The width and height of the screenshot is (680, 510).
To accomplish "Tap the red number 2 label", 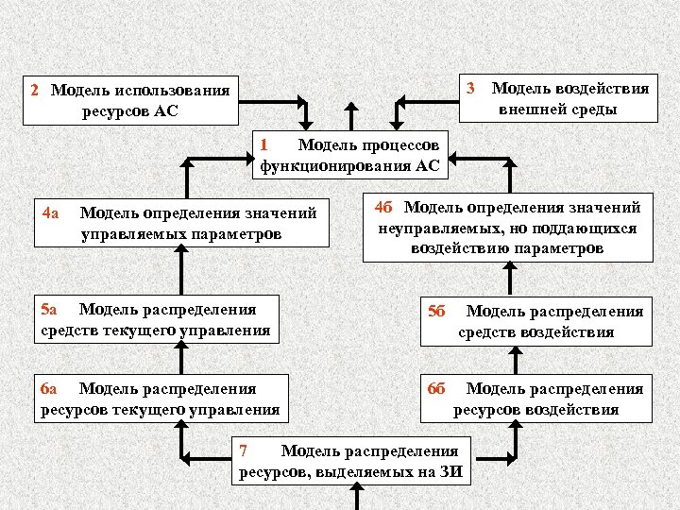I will [34, 91].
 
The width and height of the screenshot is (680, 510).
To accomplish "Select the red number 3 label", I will [470, 88].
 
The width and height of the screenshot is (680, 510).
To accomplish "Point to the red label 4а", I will [51, 212].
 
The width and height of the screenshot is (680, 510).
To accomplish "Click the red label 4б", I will [383, 207].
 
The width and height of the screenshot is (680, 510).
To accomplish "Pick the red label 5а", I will [50, 309].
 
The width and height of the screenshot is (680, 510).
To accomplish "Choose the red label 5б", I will [436, 310].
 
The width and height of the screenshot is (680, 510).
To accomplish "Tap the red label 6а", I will [50, 388].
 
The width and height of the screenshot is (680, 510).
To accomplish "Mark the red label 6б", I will [436, 388].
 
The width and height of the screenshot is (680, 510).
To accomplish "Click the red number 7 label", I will [243, 450].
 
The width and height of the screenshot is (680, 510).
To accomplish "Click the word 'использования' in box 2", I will [172, 91].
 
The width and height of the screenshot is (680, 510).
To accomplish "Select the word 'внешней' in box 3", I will [535, 109].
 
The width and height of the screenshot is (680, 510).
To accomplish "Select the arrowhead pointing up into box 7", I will [354, 490].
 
